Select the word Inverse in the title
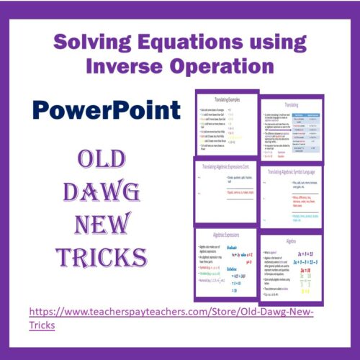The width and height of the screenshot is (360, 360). (125, 67)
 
